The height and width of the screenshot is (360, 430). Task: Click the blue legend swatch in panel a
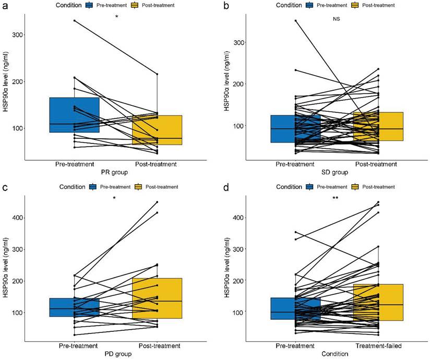[89, 5]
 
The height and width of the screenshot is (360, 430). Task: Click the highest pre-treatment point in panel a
[74, 20]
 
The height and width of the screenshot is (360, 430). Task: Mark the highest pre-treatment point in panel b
[295, 20]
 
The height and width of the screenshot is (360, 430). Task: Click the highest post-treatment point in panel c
[157, 202]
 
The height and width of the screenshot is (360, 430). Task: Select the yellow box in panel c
[157, 298]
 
